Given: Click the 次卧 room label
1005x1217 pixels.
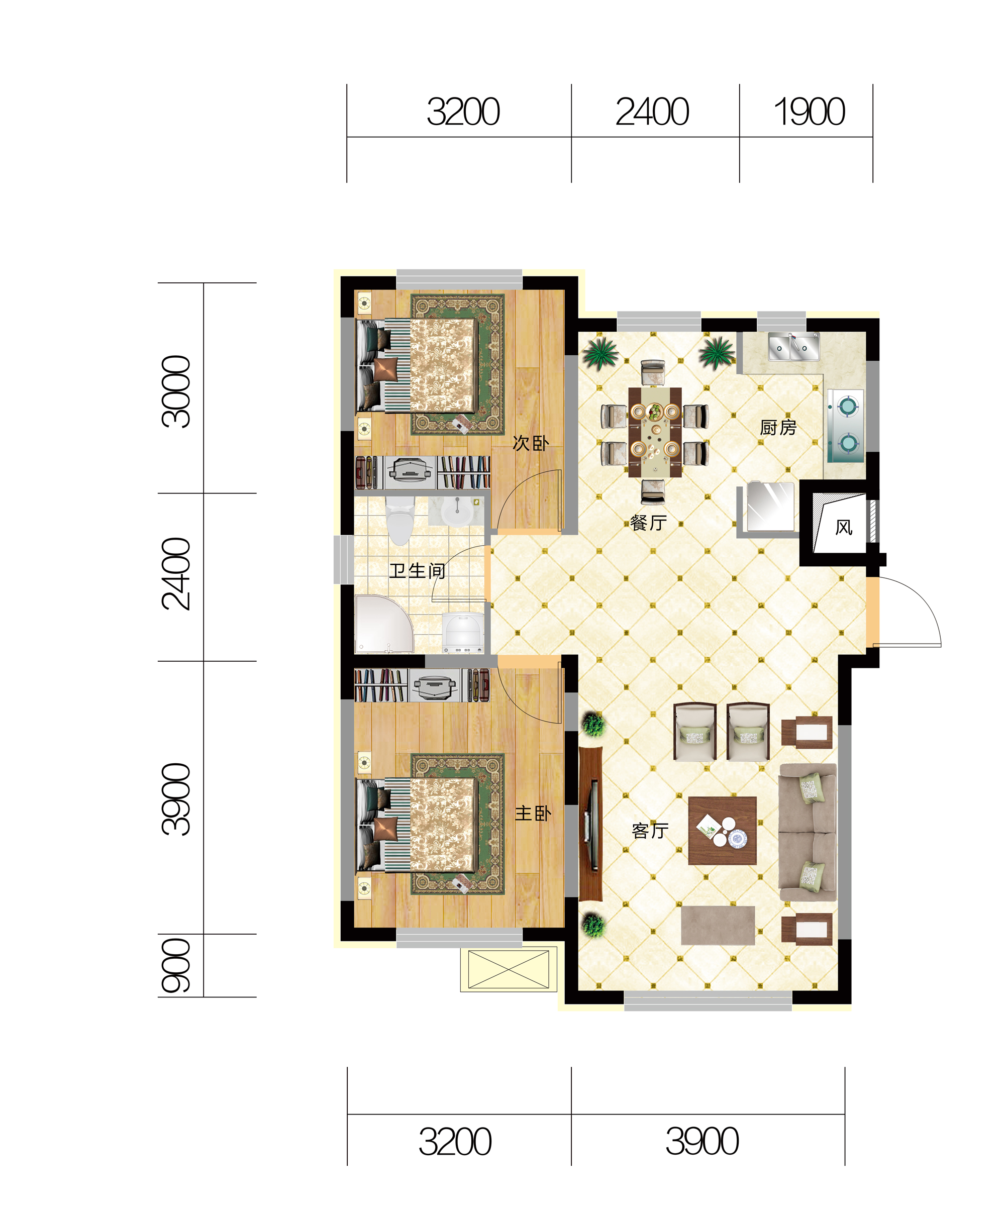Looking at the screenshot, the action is [530, 444].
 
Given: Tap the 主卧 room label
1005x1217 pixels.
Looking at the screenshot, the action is [533, 814].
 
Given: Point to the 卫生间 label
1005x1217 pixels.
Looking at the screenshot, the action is [417, 571].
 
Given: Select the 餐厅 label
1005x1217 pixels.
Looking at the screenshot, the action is [648, 523].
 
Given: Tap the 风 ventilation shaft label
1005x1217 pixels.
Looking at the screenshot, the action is [844, 528].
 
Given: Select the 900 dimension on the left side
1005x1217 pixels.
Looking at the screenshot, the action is [176, 965].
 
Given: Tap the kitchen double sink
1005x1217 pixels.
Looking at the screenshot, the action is [793, 346].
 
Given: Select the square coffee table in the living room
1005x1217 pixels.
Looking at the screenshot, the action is [723, 831].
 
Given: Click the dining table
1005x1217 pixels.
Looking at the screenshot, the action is [655, 433].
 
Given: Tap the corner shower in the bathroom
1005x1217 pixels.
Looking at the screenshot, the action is [384, 624].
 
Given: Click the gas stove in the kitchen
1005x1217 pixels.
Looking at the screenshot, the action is [846, 426].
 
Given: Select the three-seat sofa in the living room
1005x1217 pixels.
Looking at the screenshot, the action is [808, 832].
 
